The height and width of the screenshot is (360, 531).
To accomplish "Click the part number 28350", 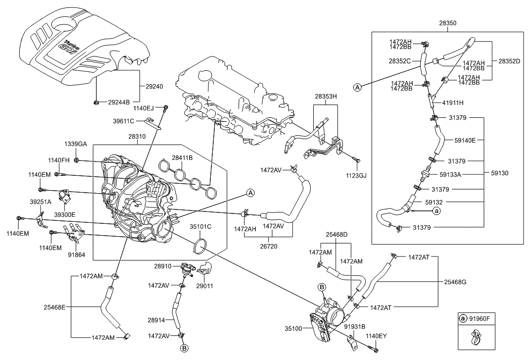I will pos(448,23).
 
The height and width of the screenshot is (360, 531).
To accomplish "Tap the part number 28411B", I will pos(182,157).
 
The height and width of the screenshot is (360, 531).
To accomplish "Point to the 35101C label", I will pos(200,227).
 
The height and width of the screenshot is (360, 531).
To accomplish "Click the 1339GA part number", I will pos(75,144).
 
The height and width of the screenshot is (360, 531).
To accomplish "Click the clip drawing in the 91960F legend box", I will pos(474,340).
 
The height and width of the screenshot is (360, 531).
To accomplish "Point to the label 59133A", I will pos(450,174).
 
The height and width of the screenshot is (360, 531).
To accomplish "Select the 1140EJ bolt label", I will pos(144,107).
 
